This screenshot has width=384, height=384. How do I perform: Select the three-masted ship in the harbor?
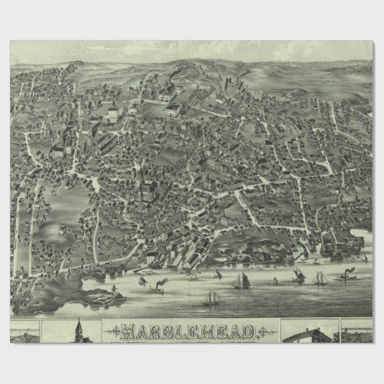pyautogui.click(x=320, y=277)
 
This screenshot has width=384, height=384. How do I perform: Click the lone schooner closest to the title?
pyautogui.click(x=211, y=298)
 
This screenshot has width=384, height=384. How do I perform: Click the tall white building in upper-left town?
pyautogui.click(x=112, y=114)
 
